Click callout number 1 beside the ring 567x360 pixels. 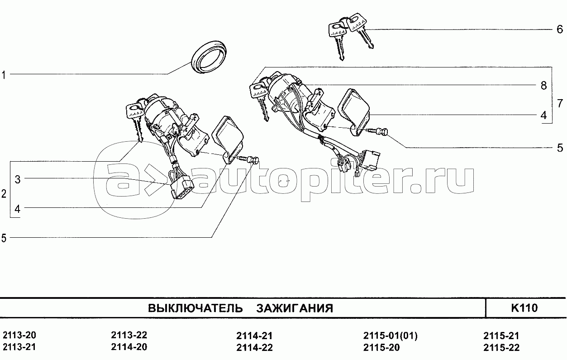(x=4, y=75)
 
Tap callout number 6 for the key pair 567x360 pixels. (x=560, y=29)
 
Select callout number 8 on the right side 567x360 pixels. (x=544, y=86)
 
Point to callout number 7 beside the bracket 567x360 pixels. (x=560, y=103)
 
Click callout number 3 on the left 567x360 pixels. (x=18, y=179)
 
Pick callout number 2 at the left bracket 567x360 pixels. (x=4, y=194)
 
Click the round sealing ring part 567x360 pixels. (x=208, y=57)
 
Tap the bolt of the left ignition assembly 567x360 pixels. (x=248, y=159)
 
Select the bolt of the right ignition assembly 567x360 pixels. (x=377, y=131)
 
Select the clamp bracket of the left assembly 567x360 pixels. (x=228, y=140)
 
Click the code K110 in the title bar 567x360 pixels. (x=524, y=308)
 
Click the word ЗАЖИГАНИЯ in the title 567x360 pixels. (x=295, y=308)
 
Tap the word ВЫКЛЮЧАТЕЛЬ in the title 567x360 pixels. (x=195, y=308)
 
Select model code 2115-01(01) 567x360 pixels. (x=391, y=336)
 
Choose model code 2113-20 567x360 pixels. (x=19, y=335)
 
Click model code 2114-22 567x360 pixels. (x=255, y=347)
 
